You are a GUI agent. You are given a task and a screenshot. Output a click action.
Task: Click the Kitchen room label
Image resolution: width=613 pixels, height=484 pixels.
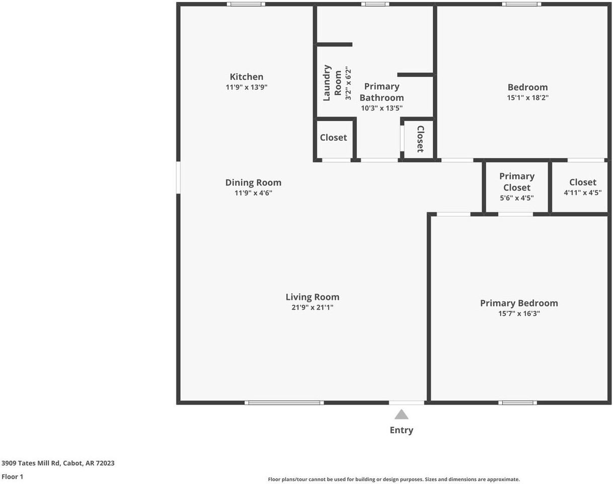tap(247, 77)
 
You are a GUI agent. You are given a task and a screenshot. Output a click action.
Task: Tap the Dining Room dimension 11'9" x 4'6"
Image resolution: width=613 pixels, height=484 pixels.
tap(253, 193)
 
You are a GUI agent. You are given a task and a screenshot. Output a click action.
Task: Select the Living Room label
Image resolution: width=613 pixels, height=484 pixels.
tap(313, 297)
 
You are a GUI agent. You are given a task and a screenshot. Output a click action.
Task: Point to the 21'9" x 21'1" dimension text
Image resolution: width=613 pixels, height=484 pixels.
tap(313, 308)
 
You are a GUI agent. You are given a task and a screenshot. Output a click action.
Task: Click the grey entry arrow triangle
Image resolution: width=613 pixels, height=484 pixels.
tap(401, 415)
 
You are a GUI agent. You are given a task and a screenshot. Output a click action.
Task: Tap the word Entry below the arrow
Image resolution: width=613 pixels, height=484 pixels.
tap(401, 430)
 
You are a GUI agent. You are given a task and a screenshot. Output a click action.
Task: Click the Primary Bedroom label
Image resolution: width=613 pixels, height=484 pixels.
tap(519, 303)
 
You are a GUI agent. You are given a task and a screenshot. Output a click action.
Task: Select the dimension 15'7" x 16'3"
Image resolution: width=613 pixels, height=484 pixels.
tap(519, 314)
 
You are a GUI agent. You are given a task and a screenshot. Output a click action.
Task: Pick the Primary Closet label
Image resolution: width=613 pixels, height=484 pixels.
tap(517, 181)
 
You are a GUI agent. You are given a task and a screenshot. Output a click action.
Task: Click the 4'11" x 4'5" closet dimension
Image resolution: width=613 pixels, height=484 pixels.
tap(582, 193)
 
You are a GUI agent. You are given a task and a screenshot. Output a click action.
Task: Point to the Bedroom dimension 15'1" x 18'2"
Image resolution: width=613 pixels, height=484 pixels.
tap(527, 98)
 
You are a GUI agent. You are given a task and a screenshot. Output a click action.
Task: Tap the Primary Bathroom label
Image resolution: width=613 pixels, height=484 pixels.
tap(381, 92)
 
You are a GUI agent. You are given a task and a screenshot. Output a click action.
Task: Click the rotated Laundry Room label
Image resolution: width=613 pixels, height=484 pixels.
tap(332, 83)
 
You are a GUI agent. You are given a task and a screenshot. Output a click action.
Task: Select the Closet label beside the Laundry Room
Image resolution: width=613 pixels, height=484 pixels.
tap(333, 138)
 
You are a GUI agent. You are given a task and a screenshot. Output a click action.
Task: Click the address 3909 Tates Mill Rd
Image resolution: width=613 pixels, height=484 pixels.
tap(58, 463)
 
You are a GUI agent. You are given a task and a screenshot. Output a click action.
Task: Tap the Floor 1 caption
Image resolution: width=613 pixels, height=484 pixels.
tap(13, 476)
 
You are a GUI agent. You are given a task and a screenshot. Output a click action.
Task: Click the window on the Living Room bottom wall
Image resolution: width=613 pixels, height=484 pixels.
tap(284, 403)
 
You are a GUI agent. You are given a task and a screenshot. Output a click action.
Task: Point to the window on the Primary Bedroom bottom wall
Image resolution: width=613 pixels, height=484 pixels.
tap(517, 403)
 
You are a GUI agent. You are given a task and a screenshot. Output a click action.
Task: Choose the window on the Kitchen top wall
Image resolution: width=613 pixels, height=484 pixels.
tap(246, 4)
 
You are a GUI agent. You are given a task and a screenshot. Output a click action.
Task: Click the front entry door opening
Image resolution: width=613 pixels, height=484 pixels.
tap(407, 403)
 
